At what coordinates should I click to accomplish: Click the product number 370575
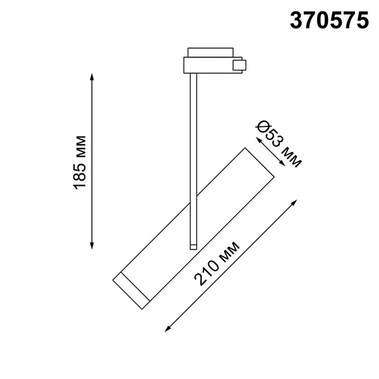[329, 20]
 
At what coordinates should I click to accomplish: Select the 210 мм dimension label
[217, 263]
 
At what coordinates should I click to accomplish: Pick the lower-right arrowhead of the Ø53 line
[283, 164]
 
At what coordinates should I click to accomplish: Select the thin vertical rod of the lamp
[193, 156]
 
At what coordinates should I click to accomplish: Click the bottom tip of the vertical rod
[193, 246]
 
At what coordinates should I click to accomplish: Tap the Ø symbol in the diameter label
[262, 128]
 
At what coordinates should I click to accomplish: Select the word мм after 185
[80, 147]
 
